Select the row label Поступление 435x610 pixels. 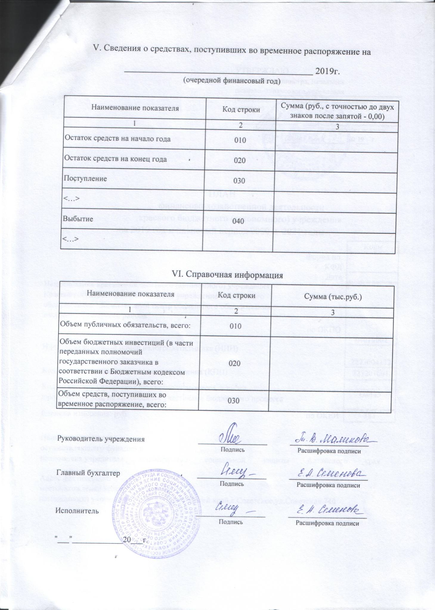[85, 179]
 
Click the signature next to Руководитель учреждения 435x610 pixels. [229, 438]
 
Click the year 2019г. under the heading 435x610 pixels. [328, 71]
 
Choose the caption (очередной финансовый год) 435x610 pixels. [231, 80]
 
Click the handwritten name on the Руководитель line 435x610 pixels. [330, 439]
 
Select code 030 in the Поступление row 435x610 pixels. [239, 181]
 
